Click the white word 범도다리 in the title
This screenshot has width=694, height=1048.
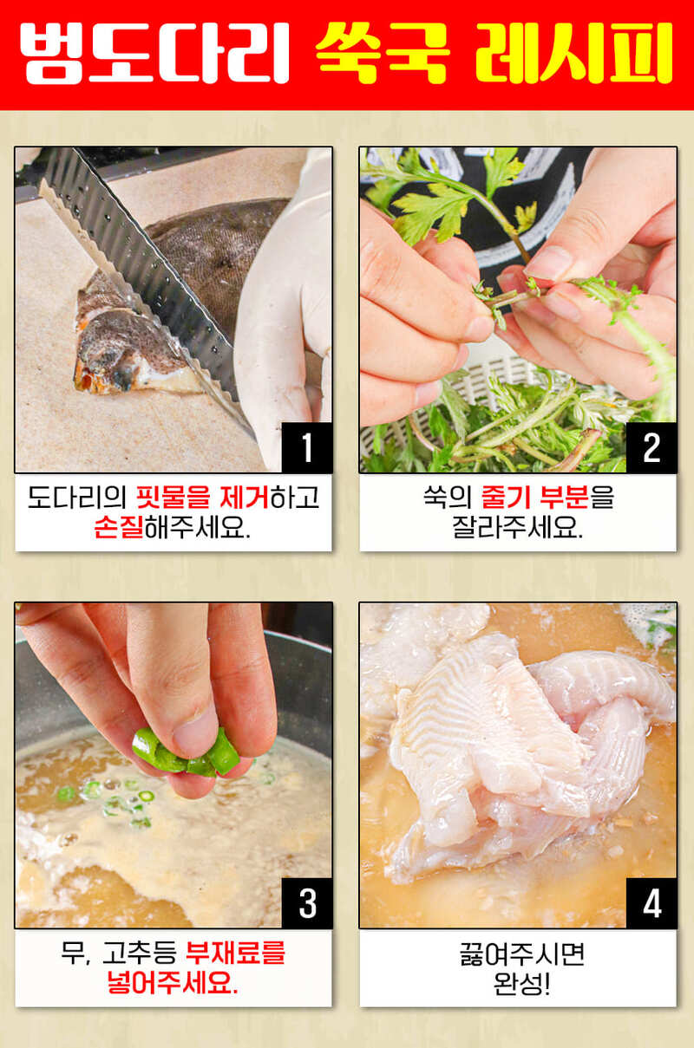click(154, 53)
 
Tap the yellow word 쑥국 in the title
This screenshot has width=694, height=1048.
click(383, 53)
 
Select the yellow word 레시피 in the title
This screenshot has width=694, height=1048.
click(574, 53)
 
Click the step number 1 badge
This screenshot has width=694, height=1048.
click(307, 447)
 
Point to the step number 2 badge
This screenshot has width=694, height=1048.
click(651, 447)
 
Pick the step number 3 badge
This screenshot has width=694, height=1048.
click(307, 903)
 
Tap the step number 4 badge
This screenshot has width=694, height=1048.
click(651, 903)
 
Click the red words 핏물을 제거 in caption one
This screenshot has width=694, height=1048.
click(202, 498)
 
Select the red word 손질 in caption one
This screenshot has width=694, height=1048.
click(119, 527)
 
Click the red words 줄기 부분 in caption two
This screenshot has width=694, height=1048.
click(534, 498)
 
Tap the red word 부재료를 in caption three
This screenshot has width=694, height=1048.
click(236, 953)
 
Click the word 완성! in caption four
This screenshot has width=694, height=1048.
click(521, 983)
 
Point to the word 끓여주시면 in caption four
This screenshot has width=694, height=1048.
click(521, 953)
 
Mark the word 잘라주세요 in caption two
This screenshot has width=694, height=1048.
click(517, 527)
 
